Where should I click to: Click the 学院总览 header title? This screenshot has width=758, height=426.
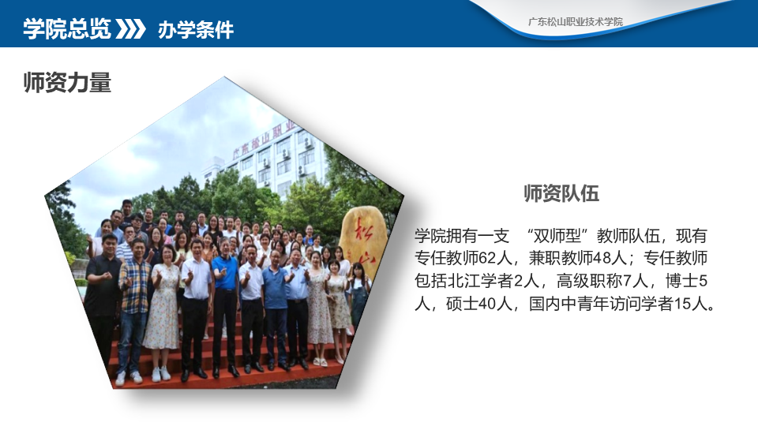(66, 29)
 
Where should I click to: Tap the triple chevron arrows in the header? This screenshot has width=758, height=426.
(130, 29)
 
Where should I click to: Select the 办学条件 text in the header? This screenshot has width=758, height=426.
(195, 30)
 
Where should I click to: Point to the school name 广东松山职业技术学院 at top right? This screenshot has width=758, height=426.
(576, 22)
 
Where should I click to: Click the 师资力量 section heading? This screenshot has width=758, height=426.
(67, 82)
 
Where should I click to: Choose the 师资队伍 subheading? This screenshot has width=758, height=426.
(561, 193)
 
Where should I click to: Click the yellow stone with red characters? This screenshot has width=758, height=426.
(363, 241)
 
